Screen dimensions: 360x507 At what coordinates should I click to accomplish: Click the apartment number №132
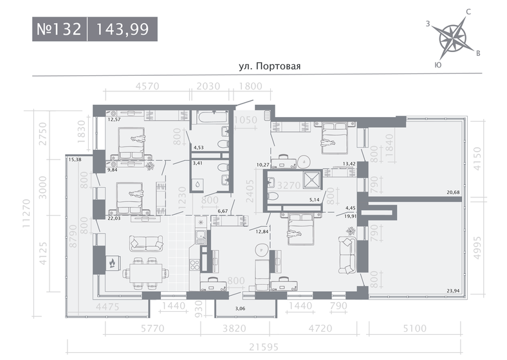59,30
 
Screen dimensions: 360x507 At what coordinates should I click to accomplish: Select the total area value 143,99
123,30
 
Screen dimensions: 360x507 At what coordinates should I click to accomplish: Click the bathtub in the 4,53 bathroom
213,117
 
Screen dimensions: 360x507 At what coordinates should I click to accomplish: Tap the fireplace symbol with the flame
112,262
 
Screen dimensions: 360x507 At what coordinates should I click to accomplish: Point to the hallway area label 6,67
223,211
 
